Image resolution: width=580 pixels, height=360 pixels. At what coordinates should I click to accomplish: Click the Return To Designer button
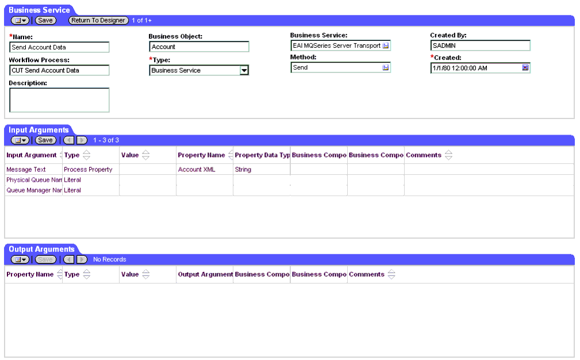point(98,20)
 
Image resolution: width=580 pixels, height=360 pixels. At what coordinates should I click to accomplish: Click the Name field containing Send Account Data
point(59,47)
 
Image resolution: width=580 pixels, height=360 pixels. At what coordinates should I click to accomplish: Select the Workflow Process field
point(59,70)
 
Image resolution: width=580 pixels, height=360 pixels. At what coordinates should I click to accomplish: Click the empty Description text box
point(59,100)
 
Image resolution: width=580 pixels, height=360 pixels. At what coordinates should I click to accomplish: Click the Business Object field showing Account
point(199,47)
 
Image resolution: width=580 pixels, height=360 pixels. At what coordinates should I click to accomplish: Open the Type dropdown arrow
point(244,70)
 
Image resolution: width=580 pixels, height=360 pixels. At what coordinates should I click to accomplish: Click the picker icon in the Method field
point(386,67)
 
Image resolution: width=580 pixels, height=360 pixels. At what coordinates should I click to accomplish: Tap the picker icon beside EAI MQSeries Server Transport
point(386,45)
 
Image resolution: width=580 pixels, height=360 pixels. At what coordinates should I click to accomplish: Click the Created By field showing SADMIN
point(480,45)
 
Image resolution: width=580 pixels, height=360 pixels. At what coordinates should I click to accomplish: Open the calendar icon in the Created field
point(525,67)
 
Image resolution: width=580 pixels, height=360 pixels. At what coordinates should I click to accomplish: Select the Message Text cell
point(26,170)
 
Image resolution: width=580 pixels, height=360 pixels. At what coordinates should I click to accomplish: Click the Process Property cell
point(88,170)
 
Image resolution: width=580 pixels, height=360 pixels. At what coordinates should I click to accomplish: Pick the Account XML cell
point(197,170)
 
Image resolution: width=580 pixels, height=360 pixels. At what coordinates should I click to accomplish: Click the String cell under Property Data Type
point(243,170)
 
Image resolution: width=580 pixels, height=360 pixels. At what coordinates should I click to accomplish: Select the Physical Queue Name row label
point(34,180)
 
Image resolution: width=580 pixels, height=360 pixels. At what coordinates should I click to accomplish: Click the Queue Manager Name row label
point(34,190)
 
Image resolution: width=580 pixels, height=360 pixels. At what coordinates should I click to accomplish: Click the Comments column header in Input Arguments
point(424,155)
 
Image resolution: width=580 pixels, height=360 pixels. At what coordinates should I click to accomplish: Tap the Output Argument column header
point(205,274)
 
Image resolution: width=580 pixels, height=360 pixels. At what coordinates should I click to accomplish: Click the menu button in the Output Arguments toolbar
point(20,259)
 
